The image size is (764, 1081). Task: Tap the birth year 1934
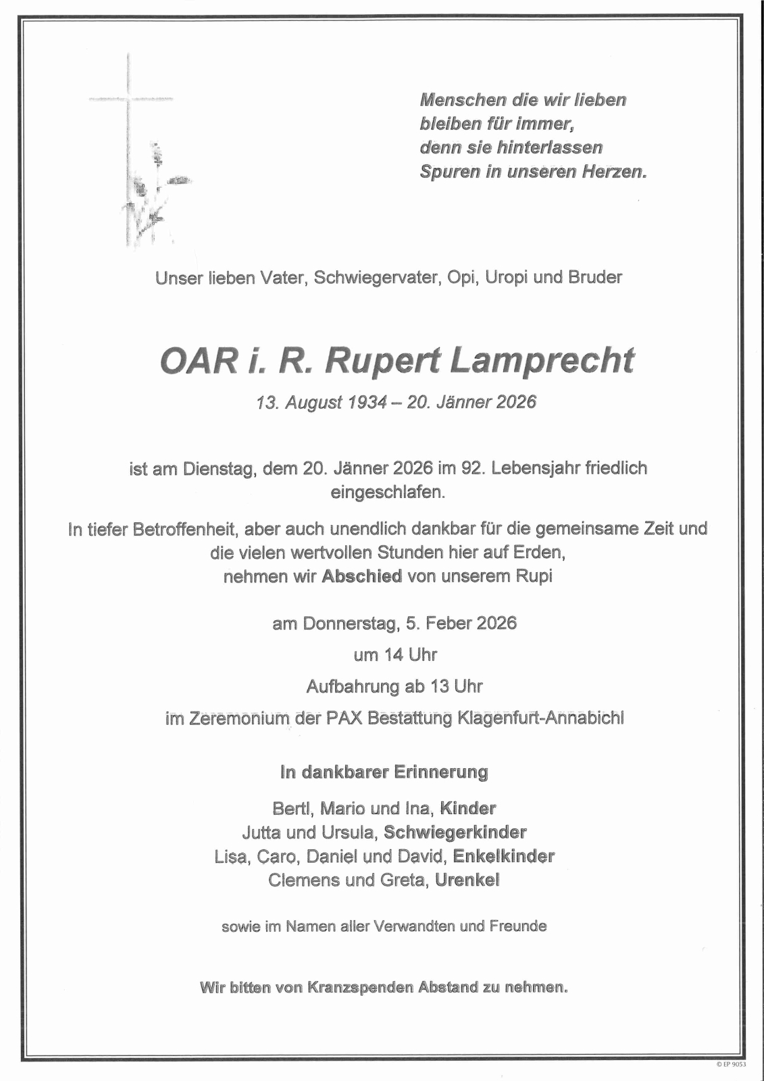click(367, 403)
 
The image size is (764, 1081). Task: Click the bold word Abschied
click(362, 576)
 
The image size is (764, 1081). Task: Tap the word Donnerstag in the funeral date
click(349, 623)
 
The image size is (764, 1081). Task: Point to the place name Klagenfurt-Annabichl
click(540, 718)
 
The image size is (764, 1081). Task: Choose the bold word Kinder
click(468, 808)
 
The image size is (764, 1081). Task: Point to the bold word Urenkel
click(467, 880)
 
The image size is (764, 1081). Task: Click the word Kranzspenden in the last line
click(360, 988)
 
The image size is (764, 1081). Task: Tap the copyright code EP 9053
click(732, 1065)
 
